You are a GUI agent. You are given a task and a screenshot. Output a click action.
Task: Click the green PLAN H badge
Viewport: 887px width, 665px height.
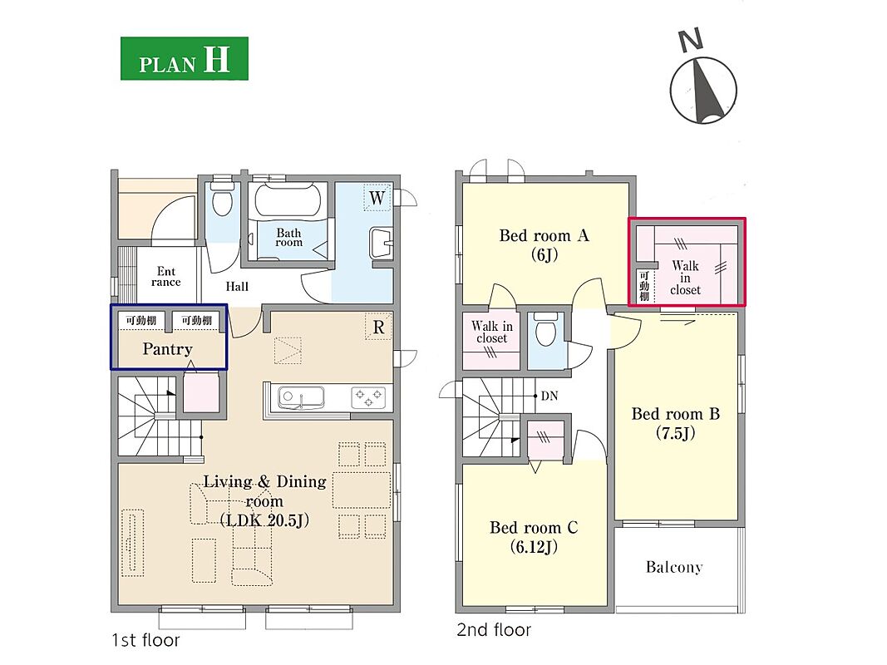[185, 59]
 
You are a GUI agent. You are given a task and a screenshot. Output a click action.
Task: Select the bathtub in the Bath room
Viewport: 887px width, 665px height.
[288, 200]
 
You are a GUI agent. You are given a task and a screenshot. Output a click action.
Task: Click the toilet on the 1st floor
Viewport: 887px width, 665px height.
[222, 198]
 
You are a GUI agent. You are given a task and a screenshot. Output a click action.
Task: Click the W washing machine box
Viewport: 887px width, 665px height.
[377, 198]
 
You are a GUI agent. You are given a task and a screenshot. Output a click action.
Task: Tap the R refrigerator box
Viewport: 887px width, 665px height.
[378, 327]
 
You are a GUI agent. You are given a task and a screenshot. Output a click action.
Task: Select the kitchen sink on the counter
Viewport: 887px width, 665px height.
[302, 398]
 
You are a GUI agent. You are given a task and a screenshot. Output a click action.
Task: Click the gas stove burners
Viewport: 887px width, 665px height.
[368, 397]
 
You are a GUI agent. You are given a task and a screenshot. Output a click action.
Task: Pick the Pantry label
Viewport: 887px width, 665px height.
[167, 349]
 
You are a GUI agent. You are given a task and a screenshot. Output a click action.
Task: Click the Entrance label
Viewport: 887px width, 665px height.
[166, 277]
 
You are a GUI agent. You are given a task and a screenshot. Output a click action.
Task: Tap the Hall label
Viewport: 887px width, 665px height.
[237, 287]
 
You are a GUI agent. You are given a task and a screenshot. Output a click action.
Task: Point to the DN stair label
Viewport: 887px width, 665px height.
[549, 396]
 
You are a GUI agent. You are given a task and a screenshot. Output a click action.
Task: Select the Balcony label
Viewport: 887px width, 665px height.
[674, 567]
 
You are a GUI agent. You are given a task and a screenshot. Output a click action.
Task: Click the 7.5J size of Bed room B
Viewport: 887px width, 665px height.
[675, 434]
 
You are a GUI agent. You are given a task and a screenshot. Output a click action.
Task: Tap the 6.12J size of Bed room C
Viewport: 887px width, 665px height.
[534, 548]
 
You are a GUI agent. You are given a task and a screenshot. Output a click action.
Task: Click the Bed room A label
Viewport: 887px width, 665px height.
[545, 236]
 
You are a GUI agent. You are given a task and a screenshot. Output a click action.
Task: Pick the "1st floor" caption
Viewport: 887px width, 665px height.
[146, 640]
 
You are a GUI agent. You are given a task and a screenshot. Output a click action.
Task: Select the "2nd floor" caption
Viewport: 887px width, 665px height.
[494, 630]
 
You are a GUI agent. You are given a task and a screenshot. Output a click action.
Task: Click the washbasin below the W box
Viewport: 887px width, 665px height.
[381, 244]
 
